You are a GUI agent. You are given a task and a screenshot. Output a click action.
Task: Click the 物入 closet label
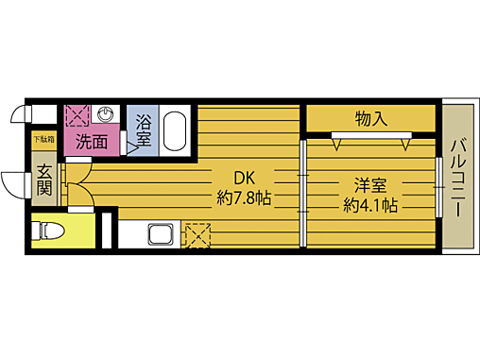click(370, 119)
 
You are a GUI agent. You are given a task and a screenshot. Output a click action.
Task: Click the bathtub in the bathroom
click(176, 130)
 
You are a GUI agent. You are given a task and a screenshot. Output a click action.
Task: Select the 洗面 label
click(92, 144)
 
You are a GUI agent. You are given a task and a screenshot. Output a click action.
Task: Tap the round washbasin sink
click(108, 115)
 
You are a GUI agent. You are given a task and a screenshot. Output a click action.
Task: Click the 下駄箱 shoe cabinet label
click(44, 140)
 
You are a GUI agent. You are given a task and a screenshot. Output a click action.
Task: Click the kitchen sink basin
click(159, 234)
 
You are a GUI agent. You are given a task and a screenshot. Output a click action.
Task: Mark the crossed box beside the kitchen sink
click(197, 233)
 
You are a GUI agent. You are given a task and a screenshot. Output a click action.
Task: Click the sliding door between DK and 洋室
click(302, 193)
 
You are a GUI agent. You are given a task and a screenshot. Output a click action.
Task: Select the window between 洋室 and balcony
click(439, 189)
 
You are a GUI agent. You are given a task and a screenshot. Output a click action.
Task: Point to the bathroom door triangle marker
click(132, 148)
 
